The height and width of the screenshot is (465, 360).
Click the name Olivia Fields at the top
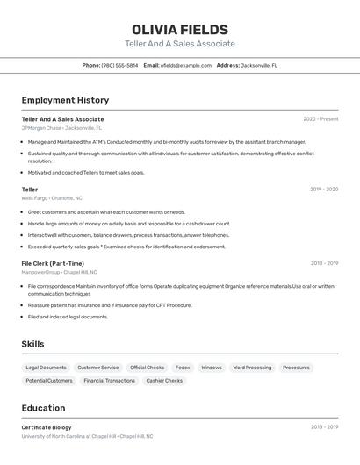click(180, 30)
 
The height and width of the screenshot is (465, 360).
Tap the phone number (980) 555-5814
click(119, 65)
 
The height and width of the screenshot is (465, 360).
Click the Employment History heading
click(65, 100)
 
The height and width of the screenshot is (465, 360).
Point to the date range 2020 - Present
click(320, 119)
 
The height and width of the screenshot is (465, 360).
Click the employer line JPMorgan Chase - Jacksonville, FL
click(61, 128)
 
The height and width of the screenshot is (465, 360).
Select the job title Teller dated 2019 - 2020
click(30, 189)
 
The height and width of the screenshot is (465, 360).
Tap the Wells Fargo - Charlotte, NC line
click(52, 198)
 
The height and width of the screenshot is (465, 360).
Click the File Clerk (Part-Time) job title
click(53, 263)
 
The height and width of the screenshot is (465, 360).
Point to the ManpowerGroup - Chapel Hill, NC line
click(60, 272)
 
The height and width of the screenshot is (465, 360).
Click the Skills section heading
click(32, 345)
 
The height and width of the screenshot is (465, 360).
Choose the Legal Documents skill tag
click(46, 368)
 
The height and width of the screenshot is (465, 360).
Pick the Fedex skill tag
click(183, 368)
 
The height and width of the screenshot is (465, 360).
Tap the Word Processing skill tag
click(252, 368)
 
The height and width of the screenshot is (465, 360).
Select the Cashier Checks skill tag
click(164, 381)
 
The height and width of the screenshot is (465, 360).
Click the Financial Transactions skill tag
click(109, 381)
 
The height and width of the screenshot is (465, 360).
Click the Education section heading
click(43, 408)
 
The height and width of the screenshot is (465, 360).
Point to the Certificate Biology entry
click(47, 427)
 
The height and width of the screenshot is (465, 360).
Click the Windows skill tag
click(212, 368)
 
